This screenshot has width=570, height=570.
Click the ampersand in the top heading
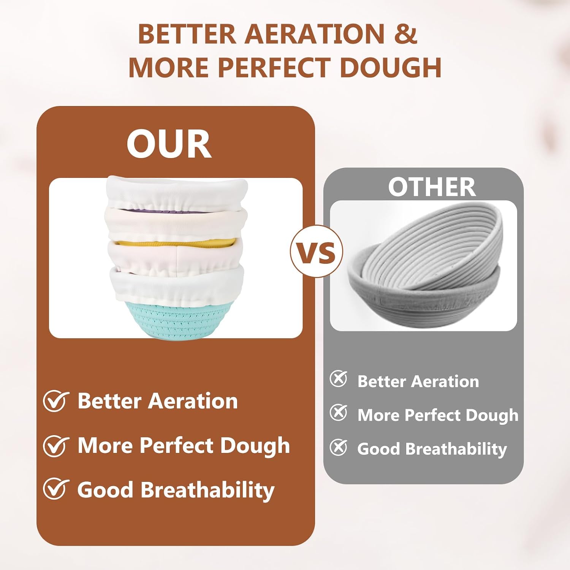pyautogui.click(x=405, y=34)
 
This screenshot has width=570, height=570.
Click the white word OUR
pyautogui.click(x=169, y=144)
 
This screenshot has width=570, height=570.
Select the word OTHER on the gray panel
pyautogui.click(x=432, y=187)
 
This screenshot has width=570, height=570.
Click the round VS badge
pyautogui.click(x=317, y=252)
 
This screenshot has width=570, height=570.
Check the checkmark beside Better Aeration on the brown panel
pyautogui.click(x=56, y=401)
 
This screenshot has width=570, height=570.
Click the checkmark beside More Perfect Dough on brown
pyautogui.click(x=56, y=445)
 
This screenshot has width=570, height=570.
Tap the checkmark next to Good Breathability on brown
pyautogui.click(x=56, y=489)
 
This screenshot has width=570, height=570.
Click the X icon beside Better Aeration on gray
pyautogui.click(x=338, y=379)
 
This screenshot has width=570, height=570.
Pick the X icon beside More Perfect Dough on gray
pyautogui.click(x=338, y=413)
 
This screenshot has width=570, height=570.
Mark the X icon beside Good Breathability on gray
pyautogui.click(x=338, y=447)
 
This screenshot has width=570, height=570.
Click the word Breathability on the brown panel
pyautogui.click(x=207, y=491)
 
